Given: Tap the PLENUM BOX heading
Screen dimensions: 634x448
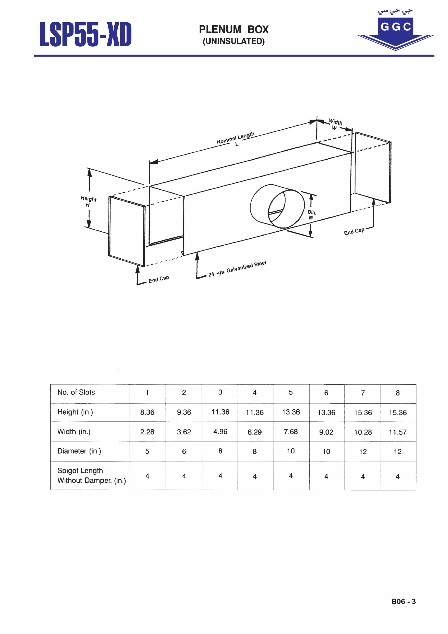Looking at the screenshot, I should tap(234, 30).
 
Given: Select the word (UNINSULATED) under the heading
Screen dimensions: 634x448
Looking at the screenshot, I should tap(234, 41).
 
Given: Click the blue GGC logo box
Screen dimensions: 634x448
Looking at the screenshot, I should tap(395, 27).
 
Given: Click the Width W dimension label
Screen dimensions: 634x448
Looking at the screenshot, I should tap(335, 124).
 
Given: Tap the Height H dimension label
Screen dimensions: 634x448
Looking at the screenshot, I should tap(88, 201).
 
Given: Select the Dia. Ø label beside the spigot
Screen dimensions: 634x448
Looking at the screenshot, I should tap(312, 215).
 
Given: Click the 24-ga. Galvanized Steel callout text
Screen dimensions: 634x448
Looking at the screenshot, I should tap(237, 268).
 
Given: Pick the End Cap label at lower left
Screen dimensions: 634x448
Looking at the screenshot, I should tap(159, 279).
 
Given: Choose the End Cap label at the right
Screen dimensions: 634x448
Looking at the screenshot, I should tap(354, 231).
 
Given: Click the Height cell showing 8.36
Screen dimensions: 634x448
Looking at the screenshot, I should tap(147, 412).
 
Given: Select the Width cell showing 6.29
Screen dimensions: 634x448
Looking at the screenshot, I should tap(255, 432).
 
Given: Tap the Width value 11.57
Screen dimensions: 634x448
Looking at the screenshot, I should tap(398, 432).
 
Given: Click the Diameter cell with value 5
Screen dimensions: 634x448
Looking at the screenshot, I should tap(147, 451).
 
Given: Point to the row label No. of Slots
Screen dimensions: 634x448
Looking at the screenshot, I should tap(76, 392).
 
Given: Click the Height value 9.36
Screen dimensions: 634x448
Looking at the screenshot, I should tap(184, 412).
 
